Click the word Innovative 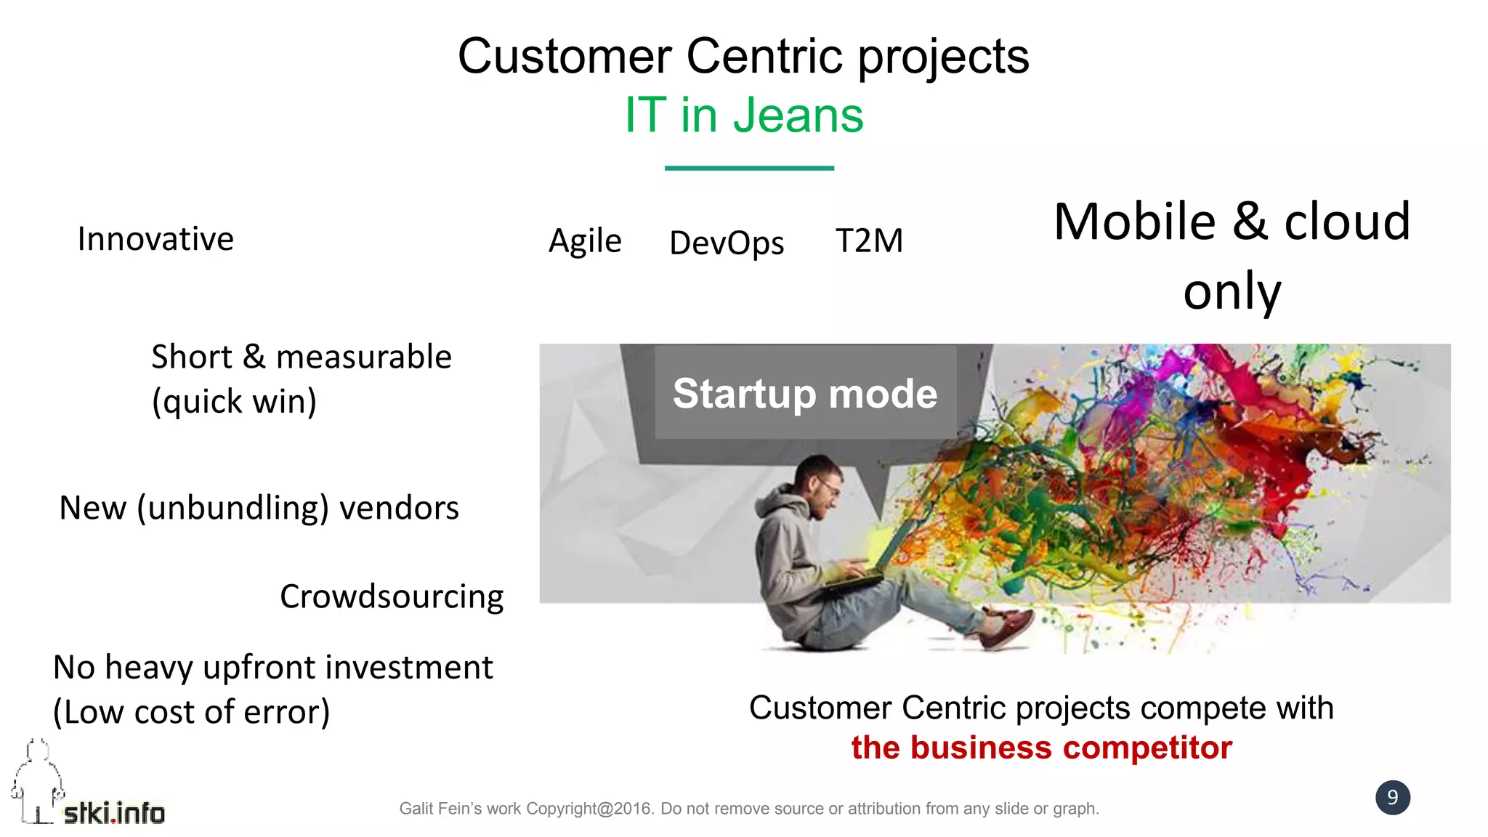155,239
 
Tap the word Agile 585,240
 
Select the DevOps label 727,243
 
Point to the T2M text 869,240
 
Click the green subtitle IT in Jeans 744,115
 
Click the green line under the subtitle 749,168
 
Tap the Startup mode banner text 805,393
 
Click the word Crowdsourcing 392,597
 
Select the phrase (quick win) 234,401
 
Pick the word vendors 399,508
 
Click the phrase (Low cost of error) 192,712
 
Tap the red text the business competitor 1041,748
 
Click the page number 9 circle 1392,797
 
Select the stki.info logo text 114,813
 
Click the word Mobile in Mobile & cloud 1134,222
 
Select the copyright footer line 749,809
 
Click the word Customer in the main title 565,56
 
